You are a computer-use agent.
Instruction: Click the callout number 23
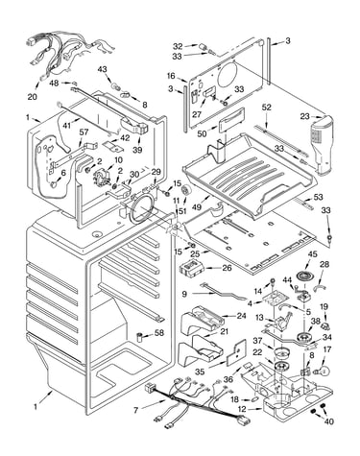coord(305,116)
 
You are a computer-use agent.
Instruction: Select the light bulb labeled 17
coord(323,371)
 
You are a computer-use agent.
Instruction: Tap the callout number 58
coord(159,333)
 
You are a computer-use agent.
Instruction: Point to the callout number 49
coord(197,207)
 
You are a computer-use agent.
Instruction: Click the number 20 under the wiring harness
coord(32,96)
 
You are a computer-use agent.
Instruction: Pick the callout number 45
coord(312,254)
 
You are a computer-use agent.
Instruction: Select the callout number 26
coord(227,268)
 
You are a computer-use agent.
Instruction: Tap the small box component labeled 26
coord(190,268)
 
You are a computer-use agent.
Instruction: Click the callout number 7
coord(136,410)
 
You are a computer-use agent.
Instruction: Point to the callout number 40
coord(328,421)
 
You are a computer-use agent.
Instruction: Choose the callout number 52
coord(266,108)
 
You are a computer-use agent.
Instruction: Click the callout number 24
coord(242,316)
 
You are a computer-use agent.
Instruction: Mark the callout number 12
coord(242,409)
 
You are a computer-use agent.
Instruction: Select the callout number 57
coord(84,132)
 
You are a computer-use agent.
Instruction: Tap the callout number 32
coord(178,46)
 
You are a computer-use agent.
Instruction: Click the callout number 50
coord(202,133)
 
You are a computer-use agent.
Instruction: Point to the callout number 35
coord(200,372)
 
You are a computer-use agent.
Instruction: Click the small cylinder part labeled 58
coord(139,337)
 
